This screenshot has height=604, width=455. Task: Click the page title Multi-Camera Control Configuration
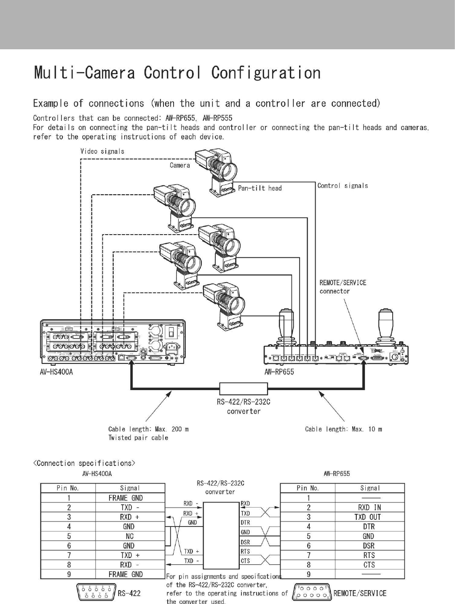pyautogui.click(x=177, y=72)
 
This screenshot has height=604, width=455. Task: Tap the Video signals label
pyautogui.click(x=102, y=151)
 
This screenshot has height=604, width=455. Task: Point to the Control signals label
pyautogui.click(x=343, y=185)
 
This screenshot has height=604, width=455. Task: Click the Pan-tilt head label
pyautogui.click(x=260, y=188)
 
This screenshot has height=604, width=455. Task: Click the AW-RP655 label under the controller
pyautogui.click(x=279, y=372)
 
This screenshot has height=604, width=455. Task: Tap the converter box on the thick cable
pyautogui.click(x=244, y=388)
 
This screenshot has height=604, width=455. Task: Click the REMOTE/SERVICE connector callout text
pyautogui.click(x=343, y=287)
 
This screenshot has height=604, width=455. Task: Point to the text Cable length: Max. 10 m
pyautogui.click(x=343, y=429)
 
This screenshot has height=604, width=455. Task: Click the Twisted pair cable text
pyautogui.click(x=138, y=438)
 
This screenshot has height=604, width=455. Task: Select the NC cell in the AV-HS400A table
pyautogui.click(x=129, y=536)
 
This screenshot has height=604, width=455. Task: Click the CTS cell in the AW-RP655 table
pyautogui.click(x=369, y=565)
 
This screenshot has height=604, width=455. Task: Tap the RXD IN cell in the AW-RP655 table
pyautogui.click(x=369, y=507)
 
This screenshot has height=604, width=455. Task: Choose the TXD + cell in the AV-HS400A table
pyautogui.click(x=130, y=555)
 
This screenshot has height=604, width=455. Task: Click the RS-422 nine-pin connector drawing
pyautogui.click(x=96, y=593)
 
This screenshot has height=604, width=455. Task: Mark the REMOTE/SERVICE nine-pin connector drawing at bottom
pyautogui.click(x=312, y=592)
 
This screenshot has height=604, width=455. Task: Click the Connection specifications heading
pyautogui.click(x=84, y=463)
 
